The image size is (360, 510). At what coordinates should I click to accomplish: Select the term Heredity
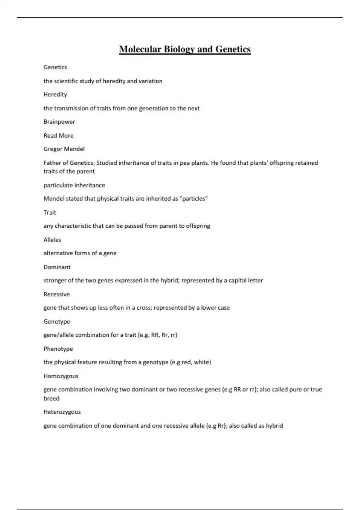(x=55, y=94)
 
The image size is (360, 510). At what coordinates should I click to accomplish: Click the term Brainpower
(x=59, y=122)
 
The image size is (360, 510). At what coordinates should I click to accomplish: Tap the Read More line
(x=58, y=136)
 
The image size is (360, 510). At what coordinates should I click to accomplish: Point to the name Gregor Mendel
(x=64, y=149)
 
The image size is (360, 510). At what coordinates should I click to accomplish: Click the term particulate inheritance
(x=74, y=185)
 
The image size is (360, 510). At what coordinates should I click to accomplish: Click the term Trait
(x=50, y=213)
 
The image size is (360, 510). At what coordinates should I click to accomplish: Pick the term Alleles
(x=52, y=240)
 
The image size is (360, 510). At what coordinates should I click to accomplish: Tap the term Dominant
(x=57, y=267)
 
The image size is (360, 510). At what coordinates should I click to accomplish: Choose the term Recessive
(x=56, y=294)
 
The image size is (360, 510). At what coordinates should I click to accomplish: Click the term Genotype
(x=57, y=322)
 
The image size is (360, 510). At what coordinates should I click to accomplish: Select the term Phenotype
(x=58, y=349)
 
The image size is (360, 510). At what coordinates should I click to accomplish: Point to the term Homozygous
(x=61, y=376)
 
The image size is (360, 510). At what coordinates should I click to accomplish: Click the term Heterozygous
(x=62, y=412)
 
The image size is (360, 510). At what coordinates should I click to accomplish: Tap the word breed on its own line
(x=51, y=398)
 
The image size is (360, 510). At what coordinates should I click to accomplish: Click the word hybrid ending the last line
(x=274, y=426)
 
